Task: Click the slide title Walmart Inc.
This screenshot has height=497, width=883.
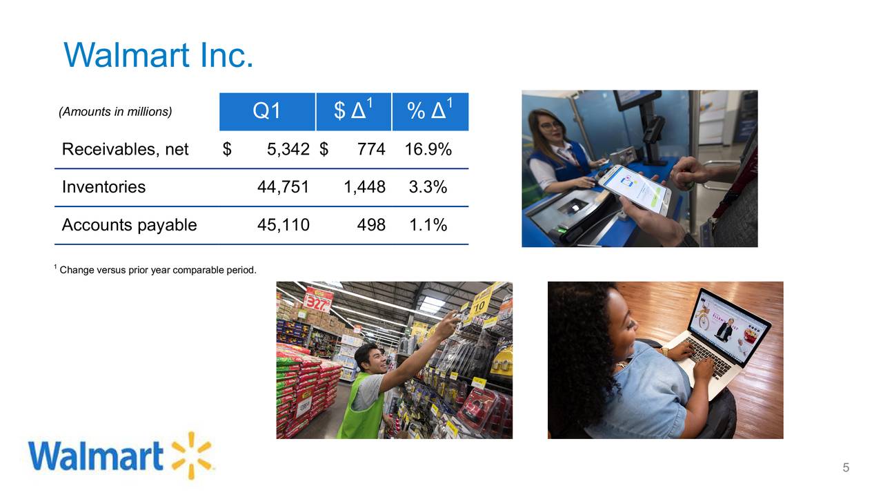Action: (x=159, y=55)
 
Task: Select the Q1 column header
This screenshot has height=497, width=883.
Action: (x=267, y=111)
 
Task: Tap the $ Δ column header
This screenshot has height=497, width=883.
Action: (x=353, y=111)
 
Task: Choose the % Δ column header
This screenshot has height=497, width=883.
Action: (x=430, y=111)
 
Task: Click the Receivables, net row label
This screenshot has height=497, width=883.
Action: (x=125, y=149)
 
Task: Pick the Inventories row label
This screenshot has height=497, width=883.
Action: (x=103, y=187)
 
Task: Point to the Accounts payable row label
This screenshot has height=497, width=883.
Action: (x=129, y=225)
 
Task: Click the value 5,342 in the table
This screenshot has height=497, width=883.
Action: (x=288, y=149)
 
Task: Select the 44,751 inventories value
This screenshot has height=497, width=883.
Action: (x=283, y=187)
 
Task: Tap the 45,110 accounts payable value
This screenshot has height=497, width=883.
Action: (x=283, y=225)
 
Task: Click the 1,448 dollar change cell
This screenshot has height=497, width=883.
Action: (x=364, y=187)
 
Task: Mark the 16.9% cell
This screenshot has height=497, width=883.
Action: (x=428, y=149)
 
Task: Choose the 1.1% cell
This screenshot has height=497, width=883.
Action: (x=428, y=225)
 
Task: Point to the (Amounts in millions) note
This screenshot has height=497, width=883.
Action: (x=115, y=112)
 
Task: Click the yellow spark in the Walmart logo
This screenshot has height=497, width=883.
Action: (x=192, y=456)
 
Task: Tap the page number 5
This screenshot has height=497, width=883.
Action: (x=846, y=469)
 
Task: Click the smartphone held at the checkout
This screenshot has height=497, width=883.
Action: (x=633, y=188)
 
